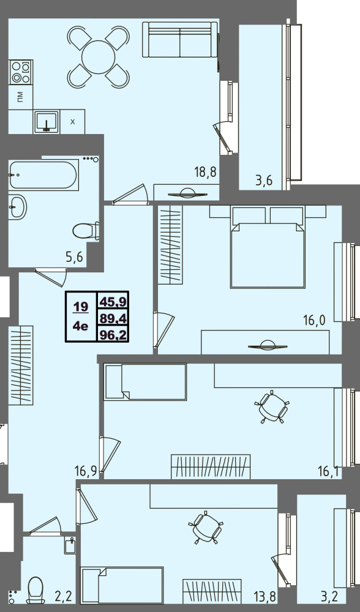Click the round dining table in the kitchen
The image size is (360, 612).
coord(99,57)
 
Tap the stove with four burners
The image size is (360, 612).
coord(20,72)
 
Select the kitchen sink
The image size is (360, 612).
coord(47,122)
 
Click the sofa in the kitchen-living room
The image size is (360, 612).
coord(179,40)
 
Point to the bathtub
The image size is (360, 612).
coord(43,175)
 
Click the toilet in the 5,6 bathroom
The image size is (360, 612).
coord(86,231)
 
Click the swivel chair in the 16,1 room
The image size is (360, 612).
coord(272,406)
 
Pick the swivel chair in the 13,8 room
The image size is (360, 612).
coord(206,527)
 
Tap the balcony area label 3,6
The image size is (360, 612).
coord(263,181)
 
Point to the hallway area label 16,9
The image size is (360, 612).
coord(86,471)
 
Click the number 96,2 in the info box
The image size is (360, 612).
coord(113,335)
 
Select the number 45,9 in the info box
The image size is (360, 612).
coord(113,301)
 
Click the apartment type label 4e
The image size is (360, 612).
coord(81,326)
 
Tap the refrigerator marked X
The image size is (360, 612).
coord(72,121)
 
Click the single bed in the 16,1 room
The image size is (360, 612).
coord(145,382)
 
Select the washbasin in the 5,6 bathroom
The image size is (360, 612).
coord(18,206)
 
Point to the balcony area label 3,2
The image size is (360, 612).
coord(328,597)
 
